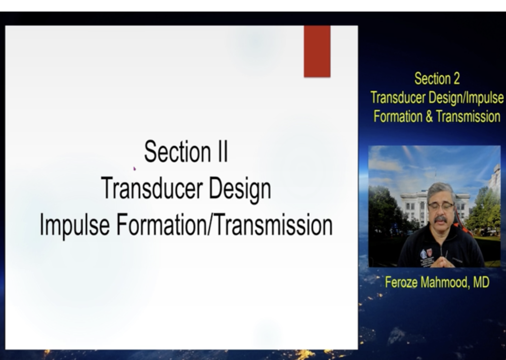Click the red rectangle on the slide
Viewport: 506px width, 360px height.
[317, 51]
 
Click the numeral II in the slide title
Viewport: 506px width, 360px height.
[223, 152]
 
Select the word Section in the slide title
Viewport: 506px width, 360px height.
[177, 151]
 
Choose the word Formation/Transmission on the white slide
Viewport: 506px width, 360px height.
[224, 225]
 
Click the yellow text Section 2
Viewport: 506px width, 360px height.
[437, 79]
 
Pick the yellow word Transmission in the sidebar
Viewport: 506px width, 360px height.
[468, 117]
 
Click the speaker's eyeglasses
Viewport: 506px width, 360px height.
[441, 205]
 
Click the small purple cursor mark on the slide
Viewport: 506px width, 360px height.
[134, 168]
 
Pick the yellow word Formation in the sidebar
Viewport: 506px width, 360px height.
[398, 117]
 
